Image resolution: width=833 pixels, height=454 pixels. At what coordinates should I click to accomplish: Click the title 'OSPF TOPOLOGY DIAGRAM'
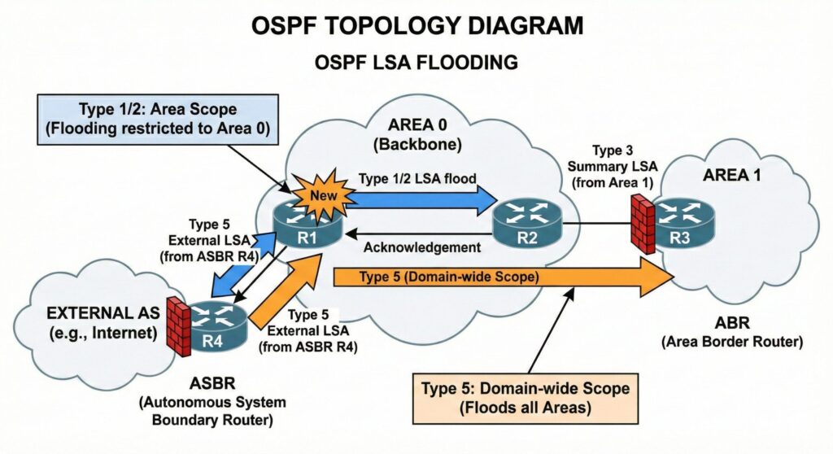click(416, 25)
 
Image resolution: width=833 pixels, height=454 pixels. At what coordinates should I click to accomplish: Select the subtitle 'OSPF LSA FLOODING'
click(416, 61)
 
